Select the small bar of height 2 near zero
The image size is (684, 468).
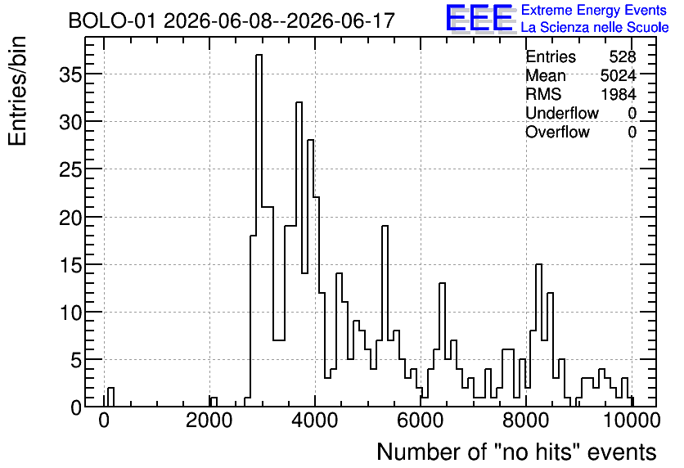coord(110,397)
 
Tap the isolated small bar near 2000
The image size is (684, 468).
coord(214,402)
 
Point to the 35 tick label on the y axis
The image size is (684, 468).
coord(70,74)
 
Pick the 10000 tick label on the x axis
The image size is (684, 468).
coord(632,421)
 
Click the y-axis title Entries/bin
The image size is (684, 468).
coord(17,91)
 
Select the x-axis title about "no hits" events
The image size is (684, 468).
coord(516,452)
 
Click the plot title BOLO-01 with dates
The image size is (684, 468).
coord(232,20)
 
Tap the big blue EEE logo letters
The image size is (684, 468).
coord(479,18)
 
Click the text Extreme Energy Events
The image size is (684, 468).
coord(594,10)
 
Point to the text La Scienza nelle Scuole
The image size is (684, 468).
coord(595,28)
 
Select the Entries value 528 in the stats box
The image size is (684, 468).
coord(623,56)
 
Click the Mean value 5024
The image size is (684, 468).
coord(618,75)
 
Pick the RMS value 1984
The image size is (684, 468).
coord(619,94)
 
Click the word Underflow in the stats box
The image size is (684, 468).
coord(562,113)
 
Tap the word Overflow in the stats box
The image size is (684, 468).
coord(557,132)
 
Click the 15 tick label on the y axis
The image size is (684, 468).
coord(70,265)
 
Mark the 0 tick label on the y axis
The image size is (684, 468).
coord(76,407)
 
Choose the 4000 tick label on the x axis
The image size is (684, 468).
coord(314,421)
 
